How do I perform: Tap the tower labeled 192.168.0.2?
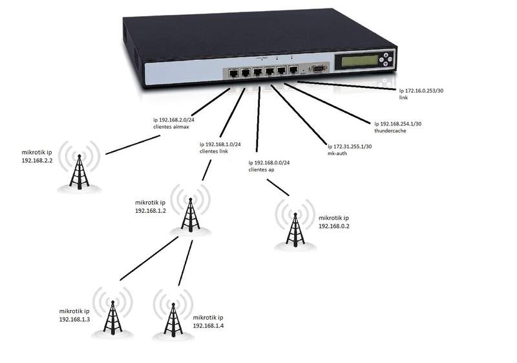point(295,228)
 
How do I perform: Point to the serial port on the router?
point(318,69)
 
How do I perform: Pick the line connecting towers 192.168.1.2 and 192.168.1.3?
point(149,258)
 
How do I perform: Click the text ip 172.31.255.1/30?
point(350,148)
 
